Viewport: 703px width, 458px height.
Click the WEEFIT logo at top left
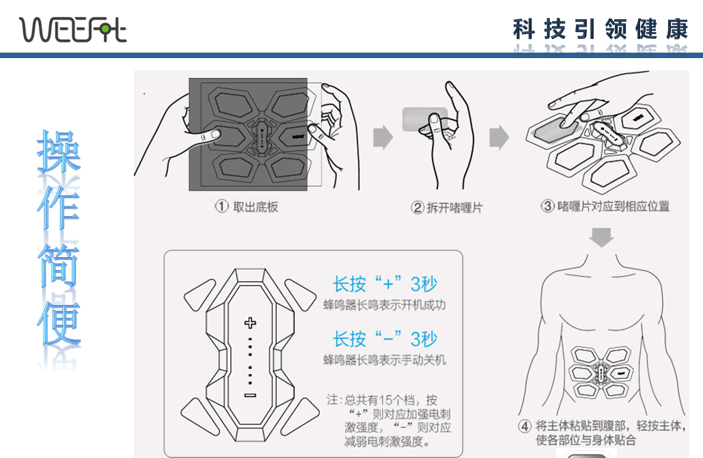click(72, 29)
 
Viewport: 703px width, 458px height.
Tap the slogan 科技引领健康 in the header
click(601, 29)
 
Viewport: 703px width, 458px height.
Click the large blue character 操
click(59, 151)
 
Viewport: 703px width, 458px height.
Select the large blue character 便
click(59, 323)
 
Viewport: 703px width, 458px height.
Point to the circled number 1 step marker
click(221, 206)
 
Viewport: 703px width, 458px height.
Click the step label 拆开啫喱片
click(454, 208)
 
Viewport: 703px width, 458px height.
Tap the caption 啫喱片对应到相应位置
click(614, 206)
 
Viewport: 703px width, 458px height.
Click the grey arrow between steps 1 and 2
click(383, 137)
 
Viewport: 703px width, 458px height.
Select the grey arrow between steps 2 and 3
click(499, 137)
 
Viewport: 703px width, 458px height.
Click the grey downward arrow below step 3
click(601, 237)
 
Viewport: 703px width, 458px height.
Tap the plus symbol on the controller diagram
click(250, 323)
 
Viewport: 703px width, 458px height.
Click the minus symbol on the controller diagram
click(250, 395)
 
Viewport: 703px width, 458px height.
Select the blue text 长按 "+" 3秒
click(385, 284)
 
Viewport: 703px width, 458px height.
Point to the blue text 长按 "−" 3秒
click(385, 339)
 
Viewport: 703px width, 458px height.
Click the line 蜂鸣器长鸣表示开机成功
click(385, 305)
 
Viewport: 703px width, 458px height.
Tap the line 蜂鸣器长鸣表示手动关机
click(385, 360)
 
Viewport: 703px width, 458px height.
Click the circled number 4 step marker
click(525, 426)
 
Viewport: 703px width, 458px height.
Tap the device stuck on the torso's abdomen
click(601, 373)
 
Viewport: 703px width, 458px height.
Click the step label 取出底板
click(256, 207)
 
